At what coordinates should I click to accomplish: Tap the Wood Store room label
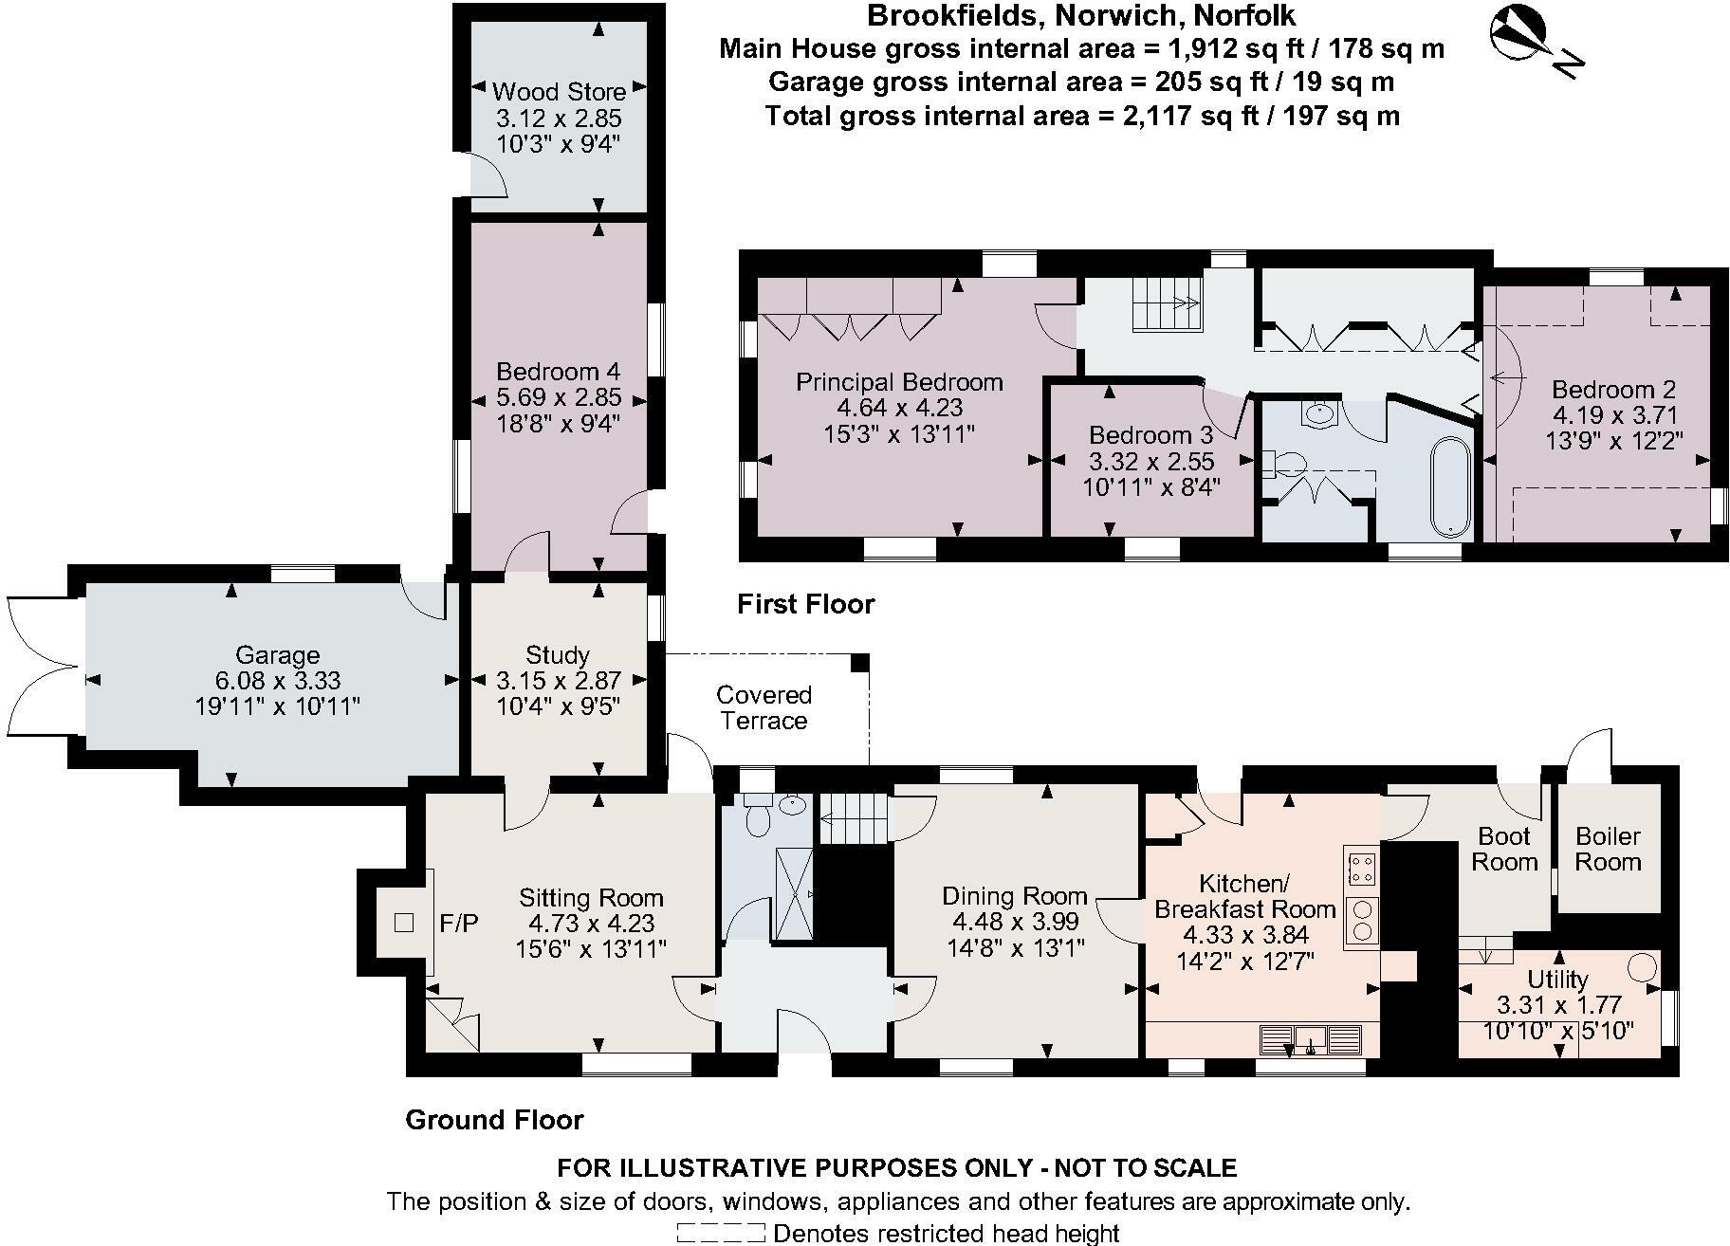(x=559, y=92)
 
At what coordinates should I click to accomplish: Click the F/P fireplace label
(x=459, y=923)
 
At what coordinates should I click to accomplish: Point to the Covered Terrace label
(x=764, y=707)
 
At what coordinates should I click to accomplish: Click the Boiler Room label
(x=1608, y=849)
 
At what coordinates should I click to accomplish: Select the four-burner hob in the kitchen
(x=1361, y=870)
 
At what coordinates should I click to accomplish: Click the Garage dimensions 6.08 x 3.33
(x=277, y=681)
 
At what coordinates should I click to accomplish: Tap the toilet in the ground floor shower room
(x=758, y=816)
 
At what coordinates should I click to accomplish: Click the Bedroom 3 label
(x=1150, y=435)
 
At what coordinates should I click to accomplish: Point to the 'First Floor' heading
(x=805, y=604)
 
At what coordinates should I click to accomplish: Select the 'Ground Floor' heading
(x=494, y=1120)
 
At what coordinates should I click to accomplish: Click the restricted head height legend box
(x=720, y=1233)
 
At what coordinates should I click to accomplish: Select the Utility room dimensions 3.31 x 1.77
(x=1558, y=1004)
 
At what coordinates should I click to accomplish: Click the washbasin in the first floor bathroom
(x=1318, y=414)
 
